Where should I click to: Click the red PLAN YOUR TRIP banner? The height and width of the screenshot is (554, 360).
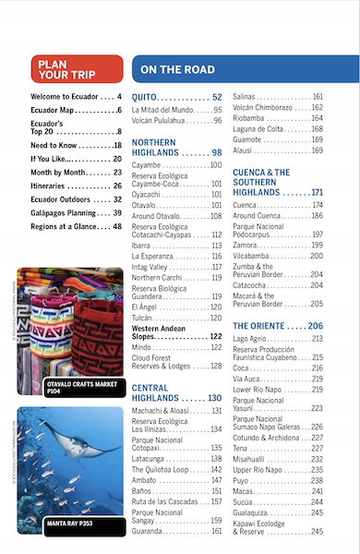tap(76, 69)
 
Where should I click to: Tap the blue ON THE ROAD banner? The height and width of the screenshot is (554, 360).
tap(244, 69)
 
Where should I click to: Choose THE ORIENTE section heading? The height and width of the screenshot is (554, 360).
tap(278, 327)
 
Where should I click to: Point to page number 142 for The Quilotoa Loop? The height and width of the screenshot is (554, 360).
tap(216, 469)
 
